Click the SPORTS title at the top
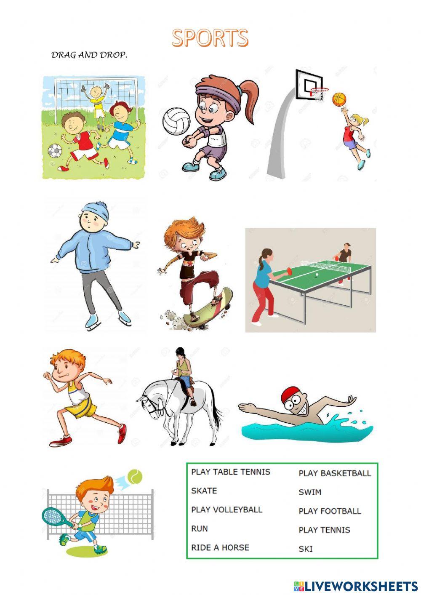tap(210, 38)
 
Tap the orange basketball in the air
tap(339, 99)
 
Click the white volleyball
tap(176, 121)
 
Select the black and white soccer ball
tap(55, 151)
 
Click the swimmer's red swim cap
tap(290, 395)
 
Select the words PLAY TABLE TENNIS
tap(231, 472)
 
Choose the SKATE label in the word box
tap(204, 491)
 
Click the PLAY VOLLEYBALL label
tap(226, 510)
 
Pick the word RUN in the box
tap(200, 528)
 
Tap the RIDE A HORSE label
tap(220, 547)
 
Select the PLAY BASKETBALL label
tap(335, 473)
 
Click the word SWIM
tap(310, 492)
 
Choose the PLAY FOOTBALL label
tap(330, 511)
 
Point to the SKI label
tap(306, 549)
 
